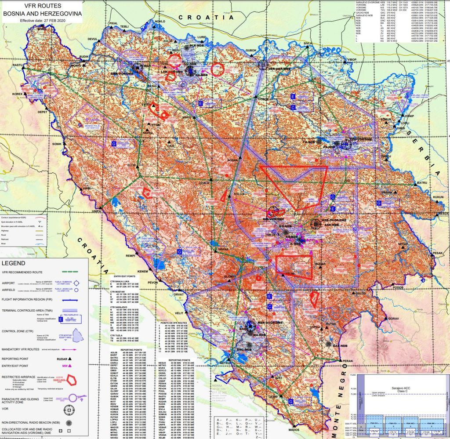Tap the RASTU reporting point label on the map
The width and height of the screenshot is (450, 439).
pos(17,65)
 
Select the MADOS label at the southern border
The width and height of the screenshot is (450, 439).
pos(294,429)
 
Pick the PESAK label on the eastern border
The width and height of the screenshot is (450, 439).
pos(437,253)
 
